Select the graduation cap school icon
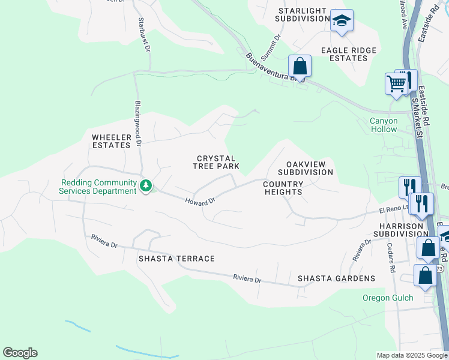click(x=342, y=21)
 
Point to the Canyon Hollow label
click(x=384, y=125)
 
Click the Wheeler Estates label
click(x=111, y=141)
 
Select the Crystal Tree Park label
click(x=217, y=162)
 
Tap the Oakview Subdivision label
click(x=309, y=168)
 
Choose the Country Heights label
click(x=283, y=188)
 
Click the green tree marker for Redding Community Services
click(x=145, y=187)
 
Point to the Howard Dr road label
click(x=200, y=203)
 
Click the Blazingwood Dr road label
click(x=137, y=123)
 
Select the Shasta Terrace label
click(x=176, y=259)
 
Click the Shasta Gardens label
click(x=336, y=278)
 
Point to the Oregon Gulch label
click(x=388, y=298)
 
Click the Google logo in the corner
click(x=20, y=353)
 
